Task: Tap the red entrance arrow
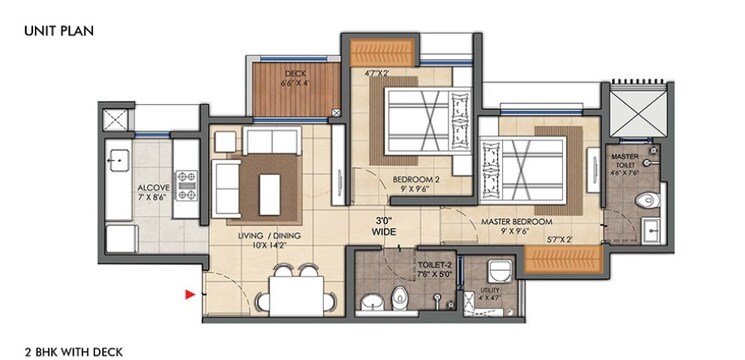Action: (188, 294)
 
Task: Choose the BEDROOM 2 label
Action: (410, 181)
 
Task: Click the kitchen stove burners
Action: (187, 186)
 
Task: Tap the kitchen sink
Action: (117, 159)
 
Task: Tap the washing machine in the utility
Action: (498, 270)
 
